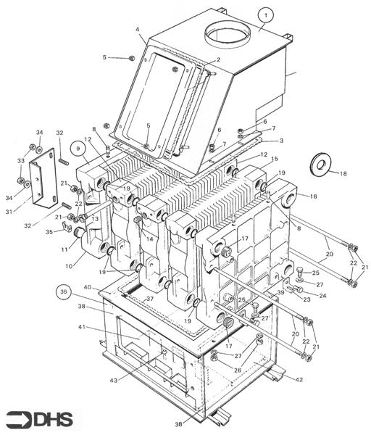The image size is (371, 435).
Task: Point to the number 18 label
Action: click(x=343, y=174)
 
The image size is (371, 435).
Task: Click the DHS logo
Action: click(x=43, y=418)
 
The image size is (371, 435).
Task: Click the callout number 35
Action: click(x=49, y=233)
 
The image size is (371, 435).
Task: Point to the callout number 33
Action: click(x=20, y=160)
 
